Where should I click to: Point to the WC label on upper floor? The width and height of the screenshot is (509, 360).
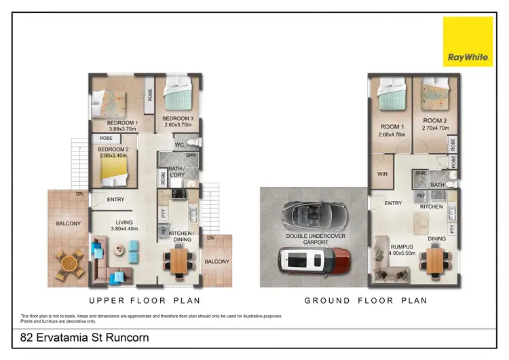(179, 145)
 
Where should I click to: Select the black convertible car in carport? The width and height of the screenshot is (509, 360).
(314, 217)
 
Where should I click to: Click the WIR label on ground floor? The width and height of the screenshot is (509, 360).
(382, 175)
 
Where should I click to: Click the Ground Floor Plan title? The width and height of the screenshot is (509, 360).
(365, 300)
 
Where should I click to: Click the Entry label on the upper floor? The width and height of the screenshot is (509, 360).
(115, 199)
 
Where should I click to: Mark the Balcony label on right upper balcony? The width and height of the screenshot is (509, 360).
(218, 262)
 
